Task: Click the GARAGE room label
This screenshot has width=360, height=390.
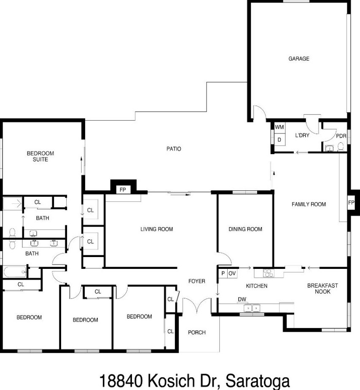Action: pos(298,59)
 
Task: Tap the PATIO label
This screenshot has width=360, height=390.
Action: pos(174,149)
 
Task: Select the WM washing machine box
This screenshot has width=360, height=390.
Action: pos(279,127)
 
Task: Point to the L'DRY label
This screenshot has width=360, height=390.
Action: pos(302,135)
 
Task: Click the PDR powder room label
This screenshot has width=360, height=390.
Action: pos(341,136)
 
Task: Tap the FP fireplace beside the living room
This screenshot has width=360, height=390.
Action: pos(123,190)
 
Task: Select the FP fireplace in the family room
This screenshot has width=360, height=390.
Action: pos(351,203)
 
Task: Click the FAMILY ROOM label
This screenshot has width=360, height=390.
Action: pos(309,205)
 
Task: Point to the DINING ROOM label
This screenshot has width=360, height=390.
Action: pos(245,230)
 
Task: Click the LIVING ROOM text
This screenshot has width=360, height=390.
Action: pos(157,230)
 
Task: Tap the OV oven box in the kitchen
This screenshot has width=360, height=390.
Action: pos(232,274)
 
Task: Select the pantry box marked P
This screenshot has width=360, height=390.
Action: pos(223,274)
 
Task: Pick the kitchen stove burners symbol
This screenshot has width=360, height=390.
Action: pos(268,273)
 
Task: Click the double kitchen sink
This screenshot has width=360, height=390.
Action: pos(253,309)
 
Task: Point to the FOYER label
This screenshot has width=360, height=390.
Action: pos(197,281)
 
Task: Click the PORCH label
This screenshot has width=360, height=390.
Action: pos(196,333)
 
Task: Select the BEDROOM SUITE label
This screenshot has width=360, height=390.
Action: pos(40,157)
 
